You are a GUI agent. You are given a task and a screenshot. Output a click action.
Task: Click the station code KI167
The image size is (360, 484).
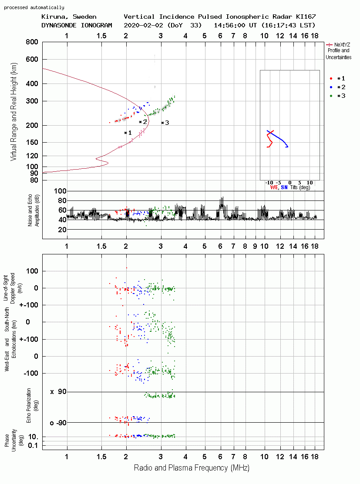306,17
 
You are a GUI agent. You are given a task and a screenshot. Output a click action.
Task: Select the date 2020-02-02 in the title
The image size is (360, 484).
143,25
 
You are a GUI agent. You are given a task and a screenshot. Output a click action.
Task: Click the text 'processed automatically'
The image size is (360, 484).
34,7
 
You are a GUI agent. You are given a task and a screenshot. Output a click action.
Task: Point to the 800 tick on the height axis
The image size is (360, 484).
32,42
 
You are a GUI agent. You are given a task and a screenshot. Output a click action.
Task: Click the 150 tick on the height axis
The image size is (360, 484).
32,142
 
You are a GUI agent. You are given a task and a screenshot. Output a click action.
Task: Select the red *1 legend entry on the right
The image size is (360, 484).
337,79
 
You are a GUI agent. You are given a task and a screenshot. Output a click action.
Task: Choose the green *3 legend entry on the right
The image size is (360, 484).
337,96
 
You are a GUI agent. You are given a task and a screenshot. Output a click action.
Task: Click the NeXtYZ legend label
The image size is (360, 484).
342,45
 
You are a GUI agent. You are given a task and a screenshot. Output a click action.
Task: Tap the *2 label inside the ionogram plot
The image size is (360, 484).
143,122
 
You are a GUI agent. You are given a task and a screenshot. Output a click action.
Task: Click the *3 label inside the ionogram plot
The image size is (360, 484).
165,123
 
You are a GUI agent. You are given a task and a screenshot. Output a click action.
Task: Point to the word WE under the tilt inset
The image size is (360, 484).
274,187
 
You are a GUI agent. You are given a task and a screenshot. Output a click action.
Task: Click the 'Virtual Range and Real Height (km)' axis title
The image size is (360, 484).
13,112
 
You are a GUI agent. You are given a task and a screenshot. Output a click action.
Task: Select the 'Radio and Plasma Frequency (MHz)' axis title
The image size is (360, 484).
192,468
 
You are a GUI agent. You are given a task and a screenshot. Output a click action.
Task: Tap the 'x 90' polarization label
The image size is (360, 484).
58,392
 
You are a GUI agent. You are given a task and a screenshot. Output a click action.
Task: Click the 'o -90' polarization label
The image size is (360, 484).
58,423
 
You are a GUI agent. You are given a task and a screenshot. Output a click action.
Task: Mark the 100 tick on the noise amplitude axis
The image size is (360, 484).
60,191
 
